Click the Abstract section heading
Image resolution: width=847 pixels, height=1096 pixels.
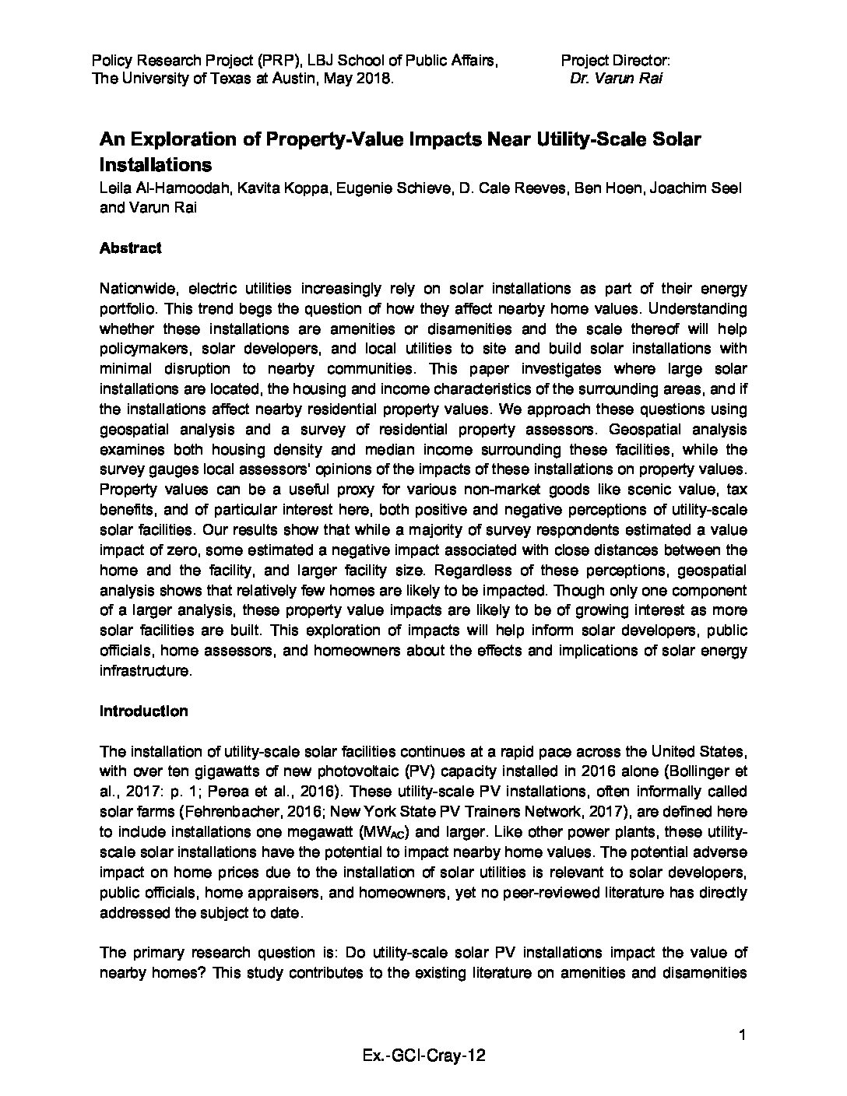[130, 248]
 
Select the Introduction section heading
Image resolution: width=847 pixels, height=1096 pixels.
[143, 711]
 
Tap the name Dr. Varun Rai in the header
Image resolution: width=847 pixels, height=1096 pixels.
[616, 79]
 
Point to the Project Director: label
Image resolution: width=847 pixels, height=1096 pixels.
[615, 60]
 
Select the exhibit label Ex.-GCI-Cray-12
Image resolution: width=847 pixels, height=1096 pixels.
[423, 1056]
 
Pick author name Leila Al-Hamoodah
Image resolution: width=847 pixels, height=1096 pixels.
[160, 189]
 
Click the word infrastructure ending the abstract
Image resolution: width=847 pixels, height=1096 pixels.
[145, 670]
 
